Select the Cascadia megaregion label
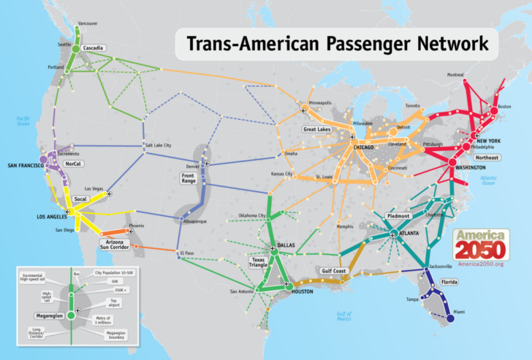pos(93,48)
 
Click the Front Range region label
pos(189,177)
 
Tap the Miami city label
pos(458,312)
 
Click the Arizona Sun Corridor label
pos(121,243)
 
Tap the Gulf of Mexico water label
pos(344,315)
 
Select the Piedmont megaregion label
pos(398,216)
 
